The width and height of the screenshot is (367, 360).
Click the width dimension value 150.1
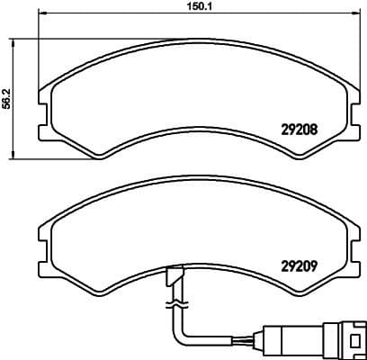click(x=185, y=6)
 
